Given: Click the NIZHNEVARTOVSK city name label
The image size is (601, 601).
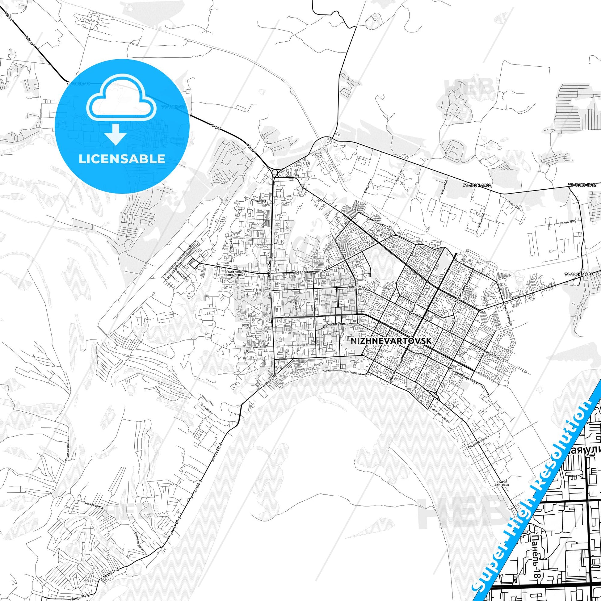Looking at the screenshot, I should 391,341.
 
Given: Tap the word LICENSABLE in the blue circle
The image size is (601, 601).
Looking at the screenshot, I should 122,159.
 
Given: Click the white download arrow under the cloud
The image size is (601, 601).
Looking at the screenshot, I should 115,134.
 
